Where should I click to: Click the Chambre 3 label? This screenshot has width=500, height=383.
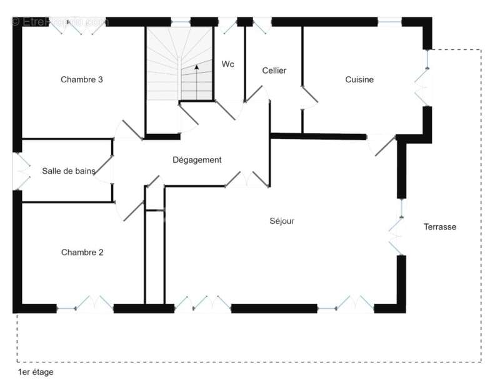coord(82,79)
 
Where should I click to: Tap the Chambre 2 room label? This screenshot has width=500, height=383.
coord(82,252)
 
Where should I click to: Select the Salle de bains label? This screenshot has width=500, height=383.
coord(69,171)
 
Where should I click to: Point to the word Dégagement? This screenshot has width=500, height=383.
coord(197,160)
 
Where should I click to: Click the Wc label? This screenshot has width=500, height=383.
coord(227,64)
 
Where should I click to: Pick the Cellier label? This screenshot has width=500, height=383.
coord(274,70)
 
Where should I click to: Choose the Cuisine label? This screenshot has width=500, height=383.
coord(359,79)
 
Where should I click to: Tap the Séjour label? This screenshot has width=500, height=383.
coord(282,221)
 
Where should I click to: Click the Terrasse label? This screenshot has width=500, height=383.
coord(440,226)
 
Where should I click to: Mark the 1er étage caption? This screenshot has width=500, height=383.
coord(36,372)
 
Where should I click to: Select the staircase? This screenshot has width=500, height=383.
coord(180,64)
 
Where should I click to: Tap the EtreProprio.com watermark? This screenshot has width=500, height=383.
coord(59,22)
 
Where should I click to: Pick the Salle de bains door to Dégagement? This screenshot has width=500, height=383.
coord(104,170)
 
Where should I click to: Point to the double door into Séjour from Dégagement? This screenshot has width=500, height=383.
coord(247,179)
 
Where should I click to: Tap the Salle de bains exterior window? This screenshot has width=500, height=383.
coord(21,172)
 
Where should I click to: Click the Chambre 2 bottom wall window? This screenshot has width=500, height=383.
coord(85,304)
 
